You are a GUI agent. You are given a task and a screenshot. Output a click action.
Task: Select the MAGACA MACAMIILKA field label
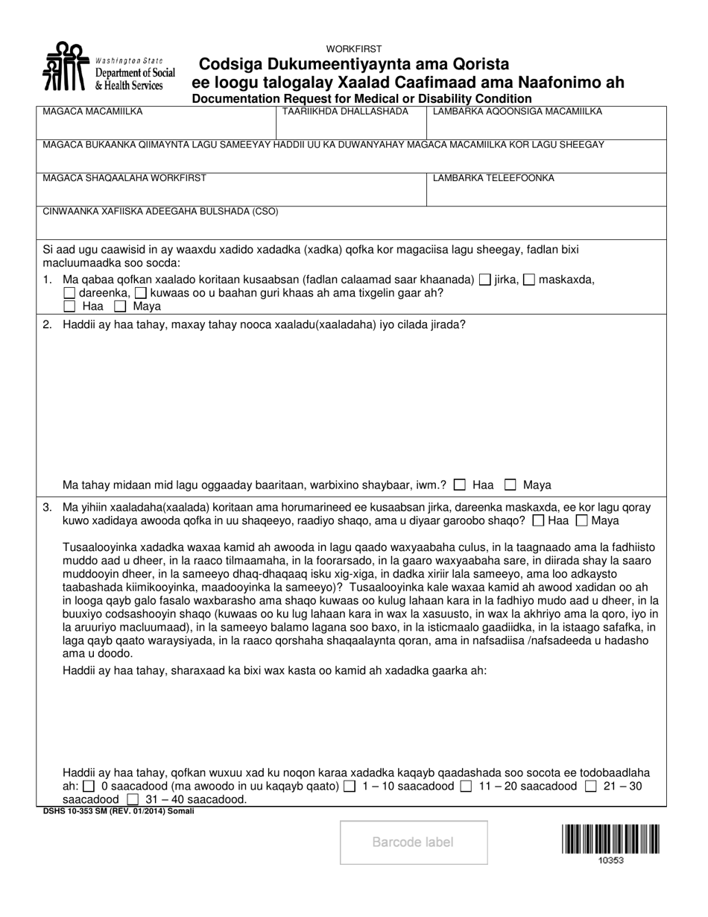click(92, 112)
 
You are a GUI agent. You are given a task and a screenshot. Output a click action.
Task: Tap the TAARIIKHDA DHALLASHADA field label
click(345, 112)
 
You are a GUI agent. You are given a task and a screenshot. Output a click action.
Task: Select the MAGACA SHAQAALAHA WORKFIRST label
click(124, 178)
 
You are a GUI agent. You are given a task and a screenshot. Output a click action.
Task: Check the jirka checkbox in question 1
click(484, 280)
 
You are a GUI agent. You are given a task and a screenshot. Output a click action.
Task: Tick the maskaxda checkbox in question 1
click(529, 280)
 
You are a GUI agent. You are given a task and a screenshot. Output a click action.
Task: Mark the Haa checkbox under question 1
click(69, 306)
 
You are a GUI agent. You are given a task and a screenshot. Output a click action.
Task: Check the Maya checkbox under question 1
click(120, 306)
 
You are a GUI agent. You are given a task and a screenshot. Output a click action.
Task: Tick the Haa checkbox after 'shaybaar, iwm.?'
click(460, 485)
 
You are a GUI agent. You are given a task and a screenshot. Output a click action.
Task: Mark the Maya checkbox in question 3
click(583, 520)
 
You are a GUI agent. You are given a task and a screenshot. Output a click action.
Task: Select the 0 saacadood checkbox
click(89, 786)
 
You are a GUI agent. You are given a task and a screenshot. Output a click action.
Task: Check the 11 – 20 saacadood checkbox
click(466, 786)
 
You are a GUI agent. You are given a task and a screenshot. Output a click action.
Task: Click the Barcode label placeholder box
click(414, 842)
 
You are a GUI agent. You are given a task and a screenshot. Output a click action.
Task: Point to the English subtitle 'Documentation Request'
click(361, 98)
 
